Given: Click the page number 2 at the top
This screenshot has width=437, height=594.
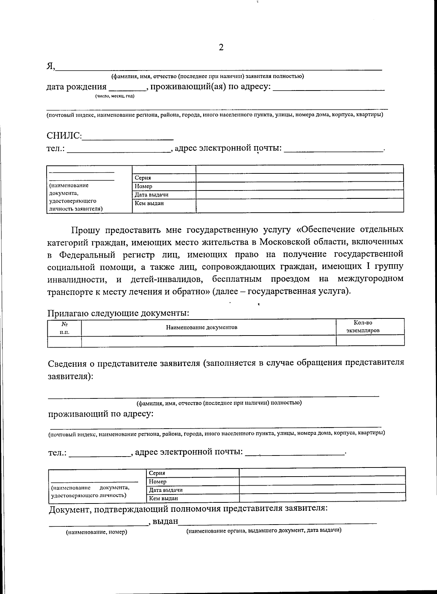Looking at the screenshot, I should click(x=221, y=47).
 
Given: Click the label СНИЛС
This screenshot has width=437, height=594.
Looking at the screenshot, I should click(x=64, y=136).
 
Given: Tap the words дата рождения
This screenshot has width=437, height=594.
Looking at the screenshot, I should click(x=76, y=87).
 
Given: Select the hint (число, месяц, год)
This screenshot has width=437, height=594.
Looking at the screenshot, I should click(x=115, y=96).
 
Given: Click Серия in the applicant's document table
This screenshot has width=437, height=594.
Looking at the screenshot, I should click(x=143, y=178).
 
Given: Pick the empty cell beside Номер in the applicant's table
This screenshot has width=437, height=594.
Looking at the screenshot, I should click(x=299, y=186).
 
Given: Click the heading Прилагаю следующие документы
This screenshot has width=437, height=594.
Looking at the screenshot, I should click(x=118, y=313).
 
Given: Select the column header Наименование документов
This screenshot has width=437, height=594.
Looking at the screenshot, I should click(x=202, y=327).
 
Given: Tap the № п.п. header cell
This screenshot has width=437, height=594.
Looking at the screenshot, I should click(x=64, y=327).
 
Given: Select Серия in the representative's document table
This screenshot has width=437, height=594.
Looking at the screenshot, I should click(x=157, y=473).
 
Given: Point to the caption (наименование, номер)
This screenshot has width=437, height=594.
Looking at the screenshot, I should click(x=96, y=532).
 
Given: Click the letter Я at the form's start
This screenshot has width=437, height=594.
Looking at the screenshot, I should click(x=50, y=66).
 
